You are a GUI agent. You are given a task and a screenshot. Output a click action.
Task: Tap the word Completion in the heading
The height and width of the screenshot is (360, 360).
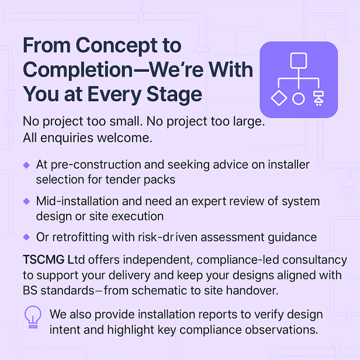pos(78,70)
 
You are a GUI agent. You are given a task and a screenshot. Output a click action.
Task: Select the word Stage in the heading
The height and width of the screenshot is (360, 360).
pos(174,95)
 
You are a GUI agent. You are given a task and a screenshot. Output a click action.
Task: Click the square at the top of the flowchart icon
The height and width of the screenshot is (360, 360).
pos(299,60)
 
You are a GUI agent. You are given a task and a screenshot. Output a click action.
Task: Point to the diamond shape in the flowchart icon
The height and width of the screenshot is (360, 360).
pos(279,98)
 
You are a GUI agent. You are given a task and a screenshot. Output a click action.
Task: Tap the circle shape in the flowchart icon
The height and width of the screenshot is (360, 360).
pos(299,99)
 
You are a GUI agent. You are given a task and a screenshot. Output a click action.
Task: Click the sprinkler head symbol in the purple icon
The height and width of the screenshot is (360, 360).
pos(319,98)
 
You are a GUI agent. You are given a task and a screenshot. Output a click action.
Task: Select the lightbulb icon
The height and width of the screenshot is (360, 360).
pos(33,317)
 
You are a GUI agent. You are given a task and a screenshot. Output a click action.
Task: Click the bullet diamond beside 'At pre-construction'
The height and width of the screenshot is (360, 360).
pos(27,165)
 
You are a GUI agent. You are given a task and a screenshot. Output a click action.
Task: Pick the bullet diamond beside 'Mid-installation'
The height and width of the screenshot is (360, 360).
pos(27,202)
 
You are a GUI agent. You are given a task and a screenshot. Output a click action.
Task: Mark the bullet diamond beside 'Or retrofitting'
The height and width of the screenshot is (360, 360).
pos(27,237)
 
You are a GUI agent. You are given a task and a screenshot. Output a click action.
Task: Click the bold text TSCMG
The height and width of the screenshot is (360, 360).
pos(44,260)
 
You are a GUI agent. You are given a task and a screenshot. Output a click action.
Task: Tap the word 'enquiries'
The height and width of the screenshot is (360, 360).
pos(67,138)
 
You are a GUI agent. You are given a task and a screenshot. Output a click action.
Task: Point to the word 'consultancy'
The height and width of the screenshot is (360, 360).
pos(315,260)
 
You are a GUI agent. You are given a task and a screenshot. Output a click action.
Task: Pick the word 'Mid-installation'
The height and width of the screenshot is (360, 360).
pos(78,202)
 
